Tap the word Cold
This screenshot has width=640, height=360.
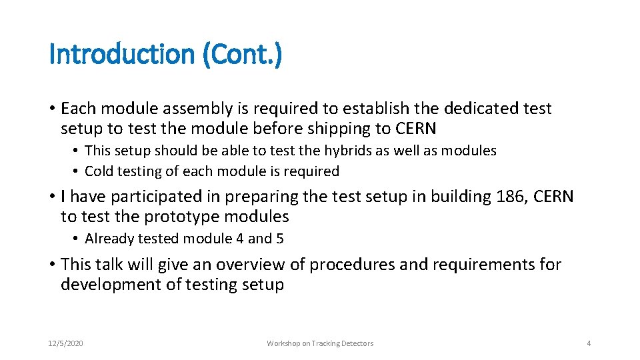click(99, 171)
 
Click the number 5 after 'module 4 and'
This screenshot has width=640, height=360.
click(280, 239)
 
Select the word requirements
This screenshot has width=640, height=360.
click(484, 265)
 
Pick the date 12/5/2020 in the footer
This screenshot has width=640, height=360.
click(66, 343)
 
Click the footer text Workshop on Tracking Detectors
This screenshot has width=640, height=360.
click(320, 343)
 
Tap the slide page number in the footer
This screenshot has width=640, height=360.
click(589, 343)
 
